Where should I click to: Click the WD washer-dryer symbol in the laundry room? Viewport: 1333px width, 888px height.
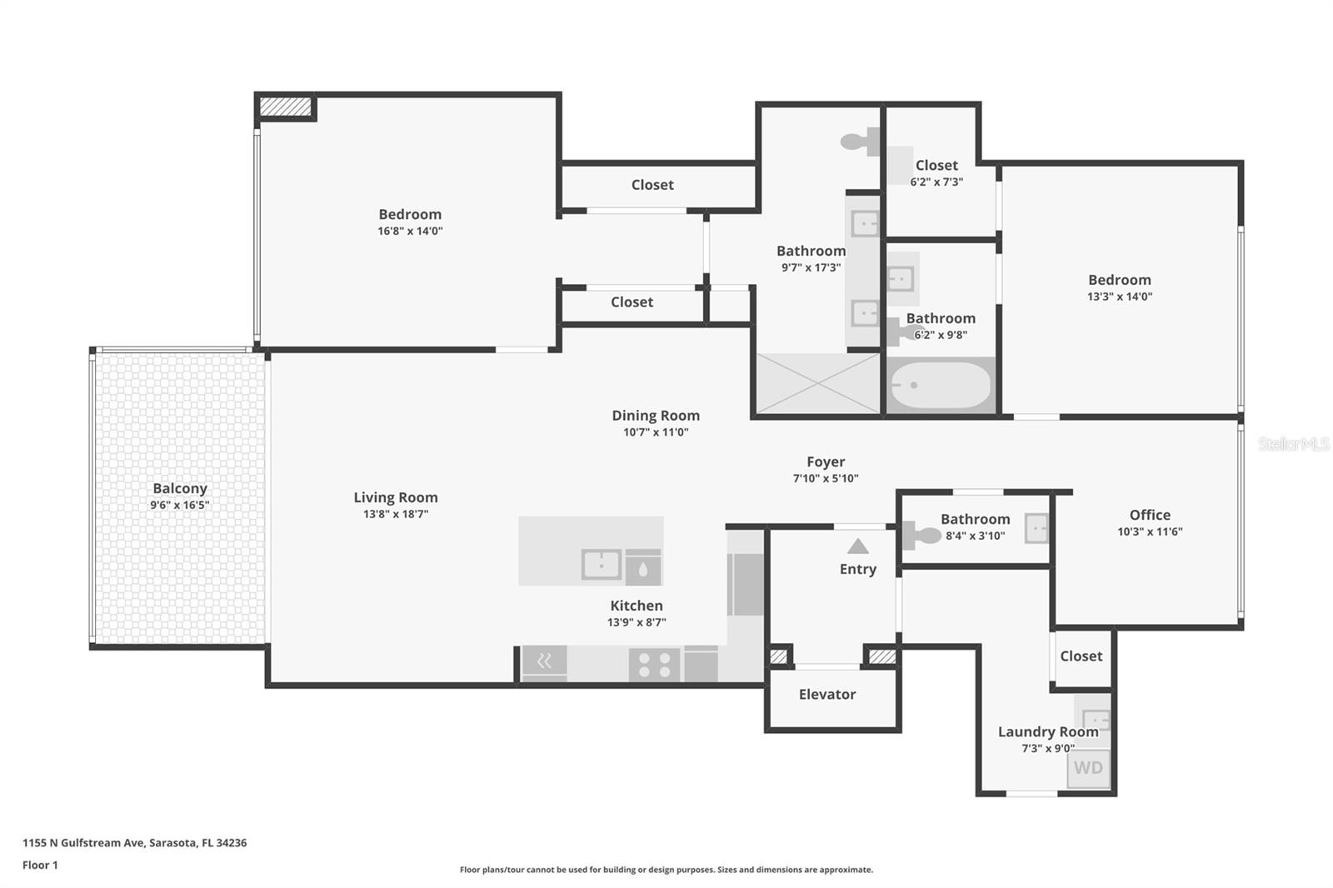click(x=1088, y=768)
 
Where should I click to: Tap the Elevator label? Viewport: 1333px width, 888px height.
click(x=826, y=694)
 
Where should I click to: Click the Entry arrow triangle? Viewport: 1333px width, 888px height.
click(x=858, y=546)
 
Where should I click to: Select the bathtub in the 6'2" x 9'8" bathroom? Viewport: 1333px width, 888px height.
click(x=941, y=386)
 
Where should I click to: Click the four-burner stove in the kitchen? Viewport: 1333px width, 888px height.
click(x=654, y=665)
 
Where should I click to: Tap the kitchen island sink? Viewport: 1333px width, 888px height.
click(x=601, y=565)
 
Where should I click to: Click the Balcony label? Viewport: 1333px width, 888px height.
click(x=179, y=489)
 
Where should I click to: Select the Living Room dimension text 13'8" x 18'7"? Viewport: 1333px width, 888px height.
click(x=395, y=514)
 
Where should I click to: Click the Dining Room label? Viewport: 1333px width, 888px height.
click(x=656, y=415)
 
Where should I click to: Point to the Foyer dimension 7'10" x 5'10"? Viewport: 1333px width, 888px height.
click(x=825, y=478)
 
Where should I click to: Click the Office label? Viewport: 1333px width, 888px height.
click(x=1150, y=515)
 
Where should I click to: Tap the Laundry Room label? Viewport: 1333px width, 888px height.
click(x=1047, y=731)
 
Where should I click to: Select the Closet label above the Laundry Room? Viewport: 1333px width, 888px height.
click(x=1081, y=656)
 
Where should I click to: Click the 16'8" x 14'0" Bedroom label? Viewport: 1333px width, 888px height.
click(x=410, y=214)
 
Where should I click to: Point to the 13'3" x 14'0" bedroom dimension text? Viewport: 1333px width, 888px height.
click(x=1119, y=297)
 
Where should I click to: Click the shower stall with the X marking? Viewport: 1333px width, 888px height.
click(x=818, y=384)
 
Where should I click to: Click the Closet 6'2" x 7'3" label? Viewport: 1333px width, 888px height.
click(x=936, y=165)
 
